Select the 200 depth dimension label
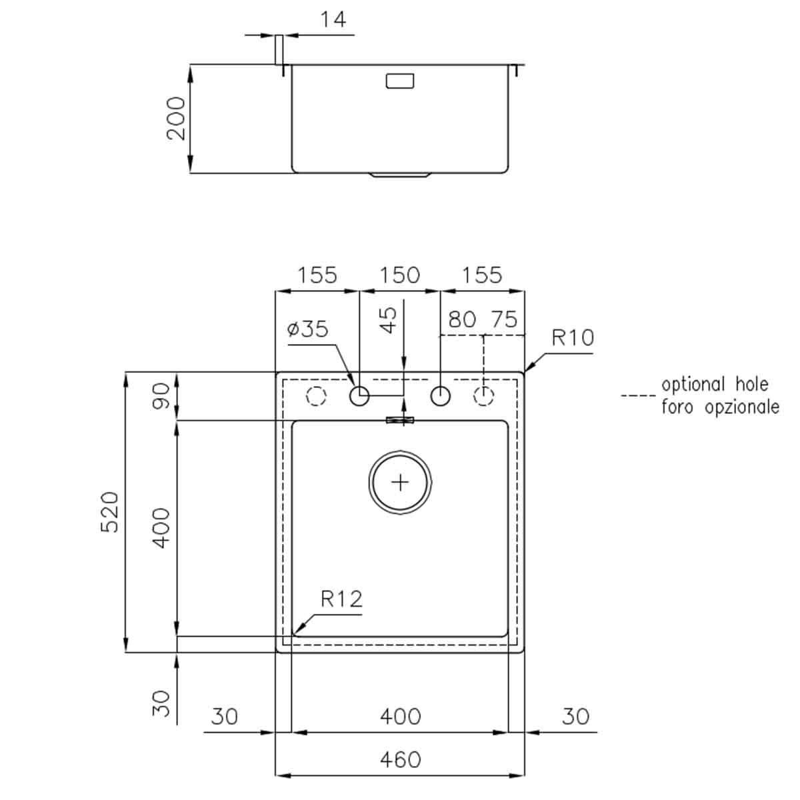175,118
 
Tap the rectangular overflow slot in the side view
400,81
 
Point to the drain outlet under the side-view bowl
400,176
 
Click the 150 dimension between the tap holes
399,275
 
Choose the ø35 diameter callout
307,329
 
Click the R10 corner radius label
573,337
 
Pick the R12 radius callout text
341,599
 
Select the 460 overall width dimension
400,759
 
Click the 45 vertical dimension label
390,319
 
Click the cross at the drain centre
400,481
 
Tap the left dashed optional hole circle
316,396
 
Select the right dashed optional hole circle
483,396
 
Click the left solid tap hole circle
359,396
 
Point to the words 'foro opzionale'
720,407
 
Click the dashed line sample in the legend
638,396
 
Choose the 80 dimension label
462,319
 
